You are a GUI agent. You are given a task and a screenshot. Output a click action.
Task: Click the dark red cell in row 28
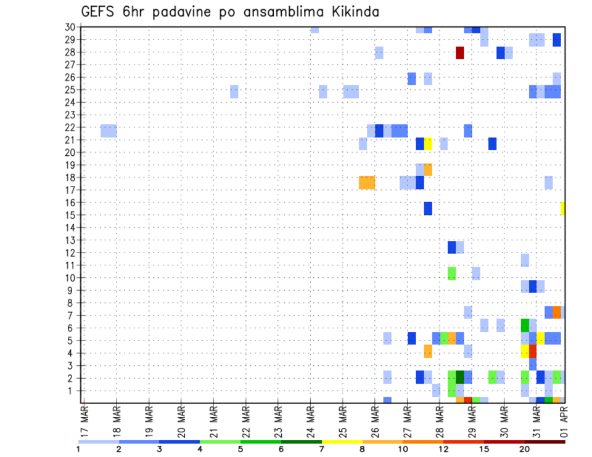tap(459, 52)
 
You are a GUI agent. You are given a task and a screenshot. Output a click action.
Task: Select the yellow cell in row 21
tap(428, 144)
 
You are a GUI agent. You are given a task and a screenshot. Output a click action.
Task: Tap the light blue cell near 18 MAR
tap(109, 131)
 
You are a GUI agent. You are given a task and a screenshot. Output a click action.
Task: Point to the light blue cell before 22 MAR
tap(234, 91)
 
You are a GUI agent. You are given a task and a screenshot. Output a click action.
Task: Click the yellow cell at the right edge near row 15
tap(562, 208)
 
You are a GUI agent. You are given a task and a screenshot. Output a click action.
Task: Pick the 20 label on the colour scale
tap(524, 448)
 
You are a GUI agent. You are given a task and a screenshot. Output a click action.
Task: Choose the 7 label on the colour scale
tap(321, 448)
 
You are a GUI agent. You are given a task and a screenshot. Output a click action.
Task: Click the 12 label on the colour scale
tap(443, 448)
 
